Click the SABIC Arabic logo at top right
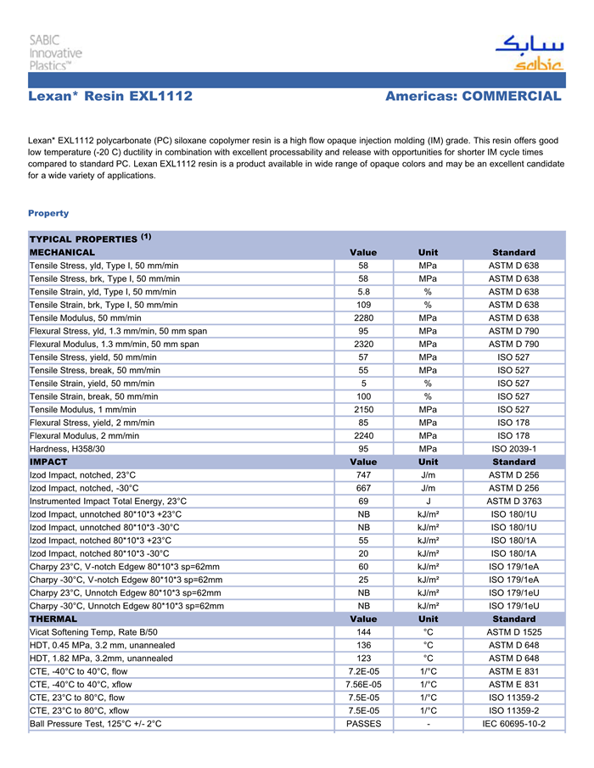529,52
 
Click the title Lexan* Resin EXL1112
110,97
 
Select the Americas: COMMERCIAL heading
473,97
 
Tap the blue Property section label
48,213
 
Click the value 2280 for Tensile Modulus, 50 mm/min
363,318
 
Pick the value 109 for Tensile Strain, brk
363,305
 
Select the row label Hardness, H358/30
68,448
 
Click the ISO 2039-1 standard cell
513,448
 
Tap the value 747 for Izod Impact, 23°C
363,475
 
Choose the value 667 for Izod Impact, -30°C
363,488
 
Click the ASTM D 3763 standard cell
513,502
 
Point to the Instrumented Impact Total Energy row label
108,502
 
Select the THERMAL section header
53,619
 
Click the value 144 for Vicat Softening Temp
363,632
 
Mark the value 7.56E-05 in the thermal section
363,685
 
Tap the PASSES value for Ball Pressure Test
363,724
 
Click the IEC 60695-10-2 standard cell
513,724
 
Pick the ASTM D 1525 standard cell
513,632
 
